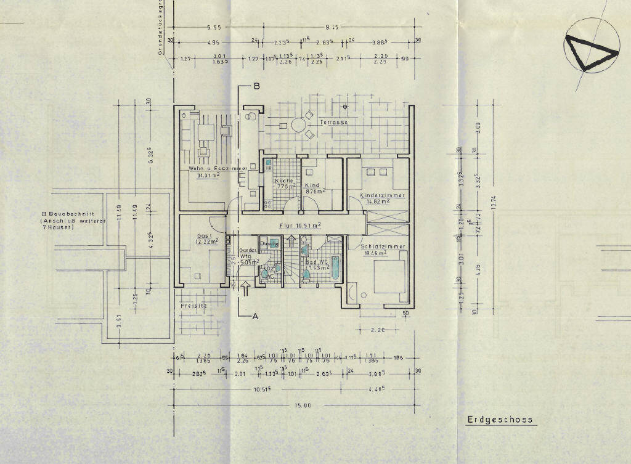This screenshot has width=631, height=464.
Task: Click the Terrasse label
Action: (x=333, y=123)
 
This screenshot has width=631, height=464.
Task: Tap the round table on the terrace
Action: (x=299, y=124)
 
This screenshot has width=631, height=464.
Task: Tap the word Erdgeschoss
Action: (x=499, y=420)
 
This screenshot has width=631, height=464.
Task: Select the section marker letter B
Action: (x=256, y=87)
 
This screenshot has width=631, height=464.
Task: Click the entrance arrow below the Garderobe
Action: (x=245, y=286)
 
